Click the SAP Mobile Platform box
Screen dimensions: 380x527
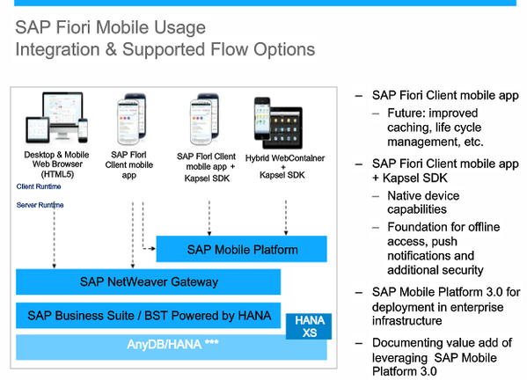pos(242,250)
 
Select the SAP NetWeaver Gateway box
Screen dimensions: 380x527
pos(148,282)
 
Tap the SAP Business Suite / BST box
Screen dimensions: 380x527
pos(148,315)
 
